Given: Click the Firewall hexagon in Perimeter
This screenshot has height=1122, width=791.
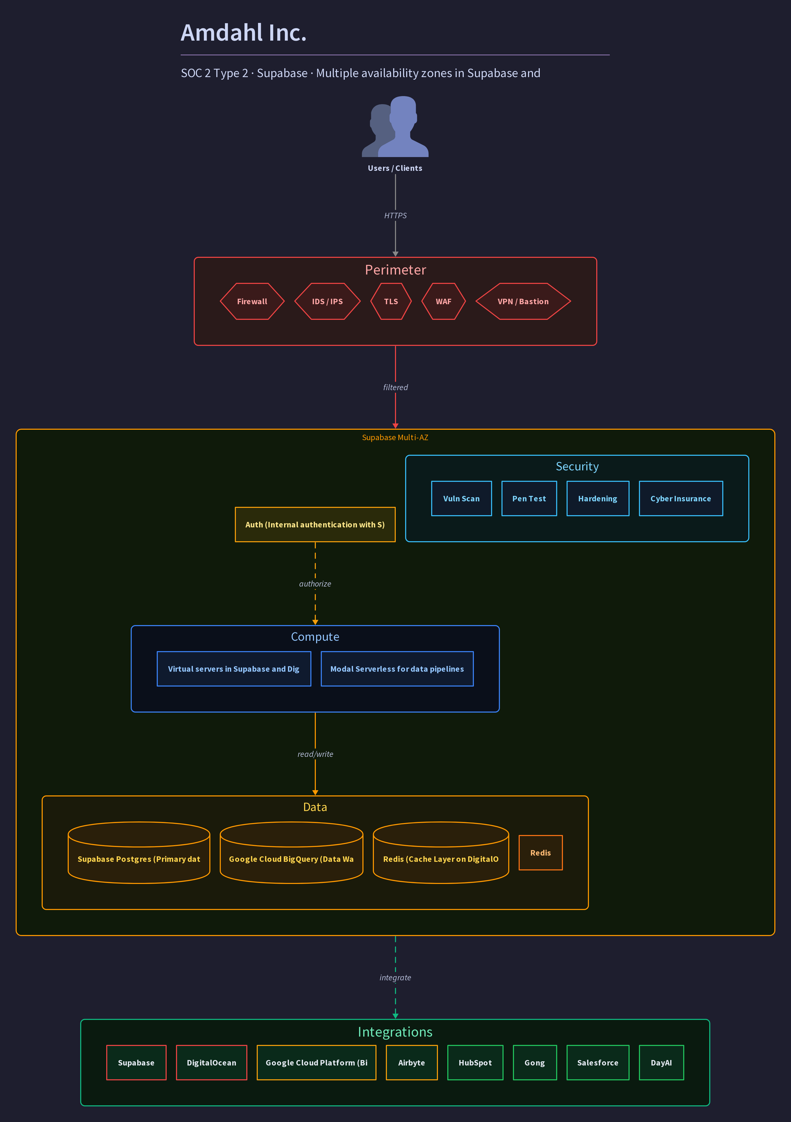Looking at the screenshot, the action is [x=252, y=302].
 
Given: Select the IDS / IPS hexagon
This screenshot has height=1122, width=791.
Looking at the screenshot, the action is [x=327, y=302].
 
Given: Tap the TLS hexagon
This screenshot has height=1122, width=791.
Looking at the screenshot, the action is [x=391, y=302].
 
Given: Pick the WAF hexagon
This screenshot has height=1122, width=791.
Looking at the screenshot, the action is [x=444, y=302].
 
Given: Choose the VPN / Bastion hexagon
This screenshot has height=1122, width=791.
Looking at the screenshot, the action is [x=523, y=302].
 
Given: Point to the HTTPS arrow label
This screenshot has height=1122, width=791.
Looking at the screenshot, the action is [x=395, y=215].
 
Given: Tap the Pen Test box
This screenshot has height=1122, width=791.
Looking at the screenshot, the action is [x=529, y=498].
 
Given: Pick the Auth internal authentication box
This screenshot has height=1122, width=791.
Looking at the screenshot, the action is [x=315, y=524].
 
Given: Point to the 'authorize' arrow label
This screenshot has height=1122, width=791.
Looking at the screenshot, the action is [x=315, y=584].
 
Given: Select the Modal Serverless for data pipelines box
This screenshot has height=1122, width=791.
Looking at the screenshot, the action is [x=397, y=669].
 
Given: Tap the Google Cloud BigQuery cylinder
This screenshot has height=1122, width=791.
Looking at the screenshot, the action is [x=292, y=853].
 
